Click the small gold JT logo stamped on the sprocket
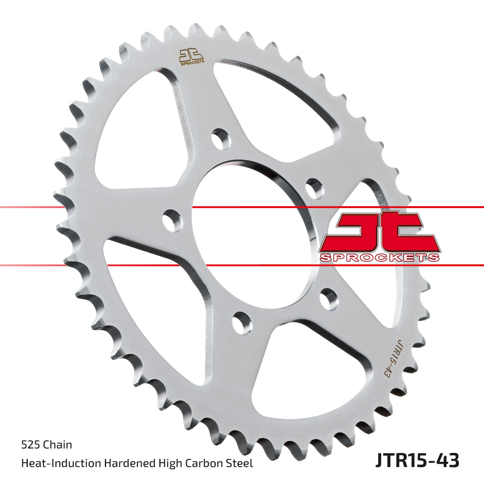[192, 56]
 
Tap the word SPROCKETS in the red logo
[379, 258]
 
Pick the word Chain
[58, 445]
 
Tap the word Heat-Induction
[61, 463]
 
